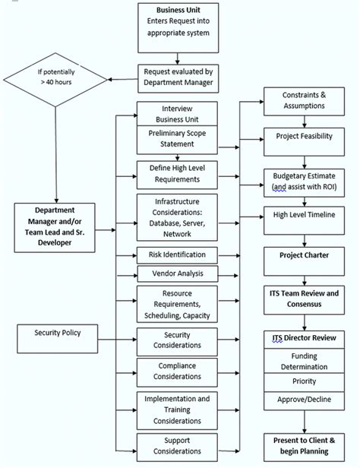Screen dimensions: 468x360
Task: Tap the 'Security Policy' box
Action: (x=57, y=333)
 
